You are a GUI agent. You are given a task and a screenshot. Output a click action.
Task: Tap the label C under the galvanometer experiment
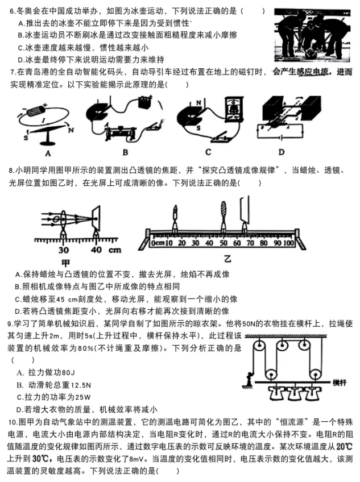pyautogui.click(x=208, y=152)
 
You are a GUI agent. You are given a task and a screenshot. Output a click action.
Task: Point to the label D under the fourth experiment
pyautogui.click(x=281, y=152)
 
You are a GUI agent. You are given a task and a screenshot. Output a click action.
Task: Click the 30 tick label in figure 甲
pyautogui.click(x=63, y=250)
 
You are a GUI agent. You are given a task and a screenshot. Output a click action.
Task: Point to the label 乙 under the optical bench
pyautogui.click(x=227, y=259)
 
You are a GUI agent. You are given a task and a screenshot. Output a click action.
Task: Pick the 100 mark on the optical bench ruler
pyautogui.click(x=288, y=243)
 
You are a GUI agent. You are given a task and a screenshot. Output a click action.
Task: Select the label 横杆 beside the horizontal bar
pyautogui.click(x=340, y=383)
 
